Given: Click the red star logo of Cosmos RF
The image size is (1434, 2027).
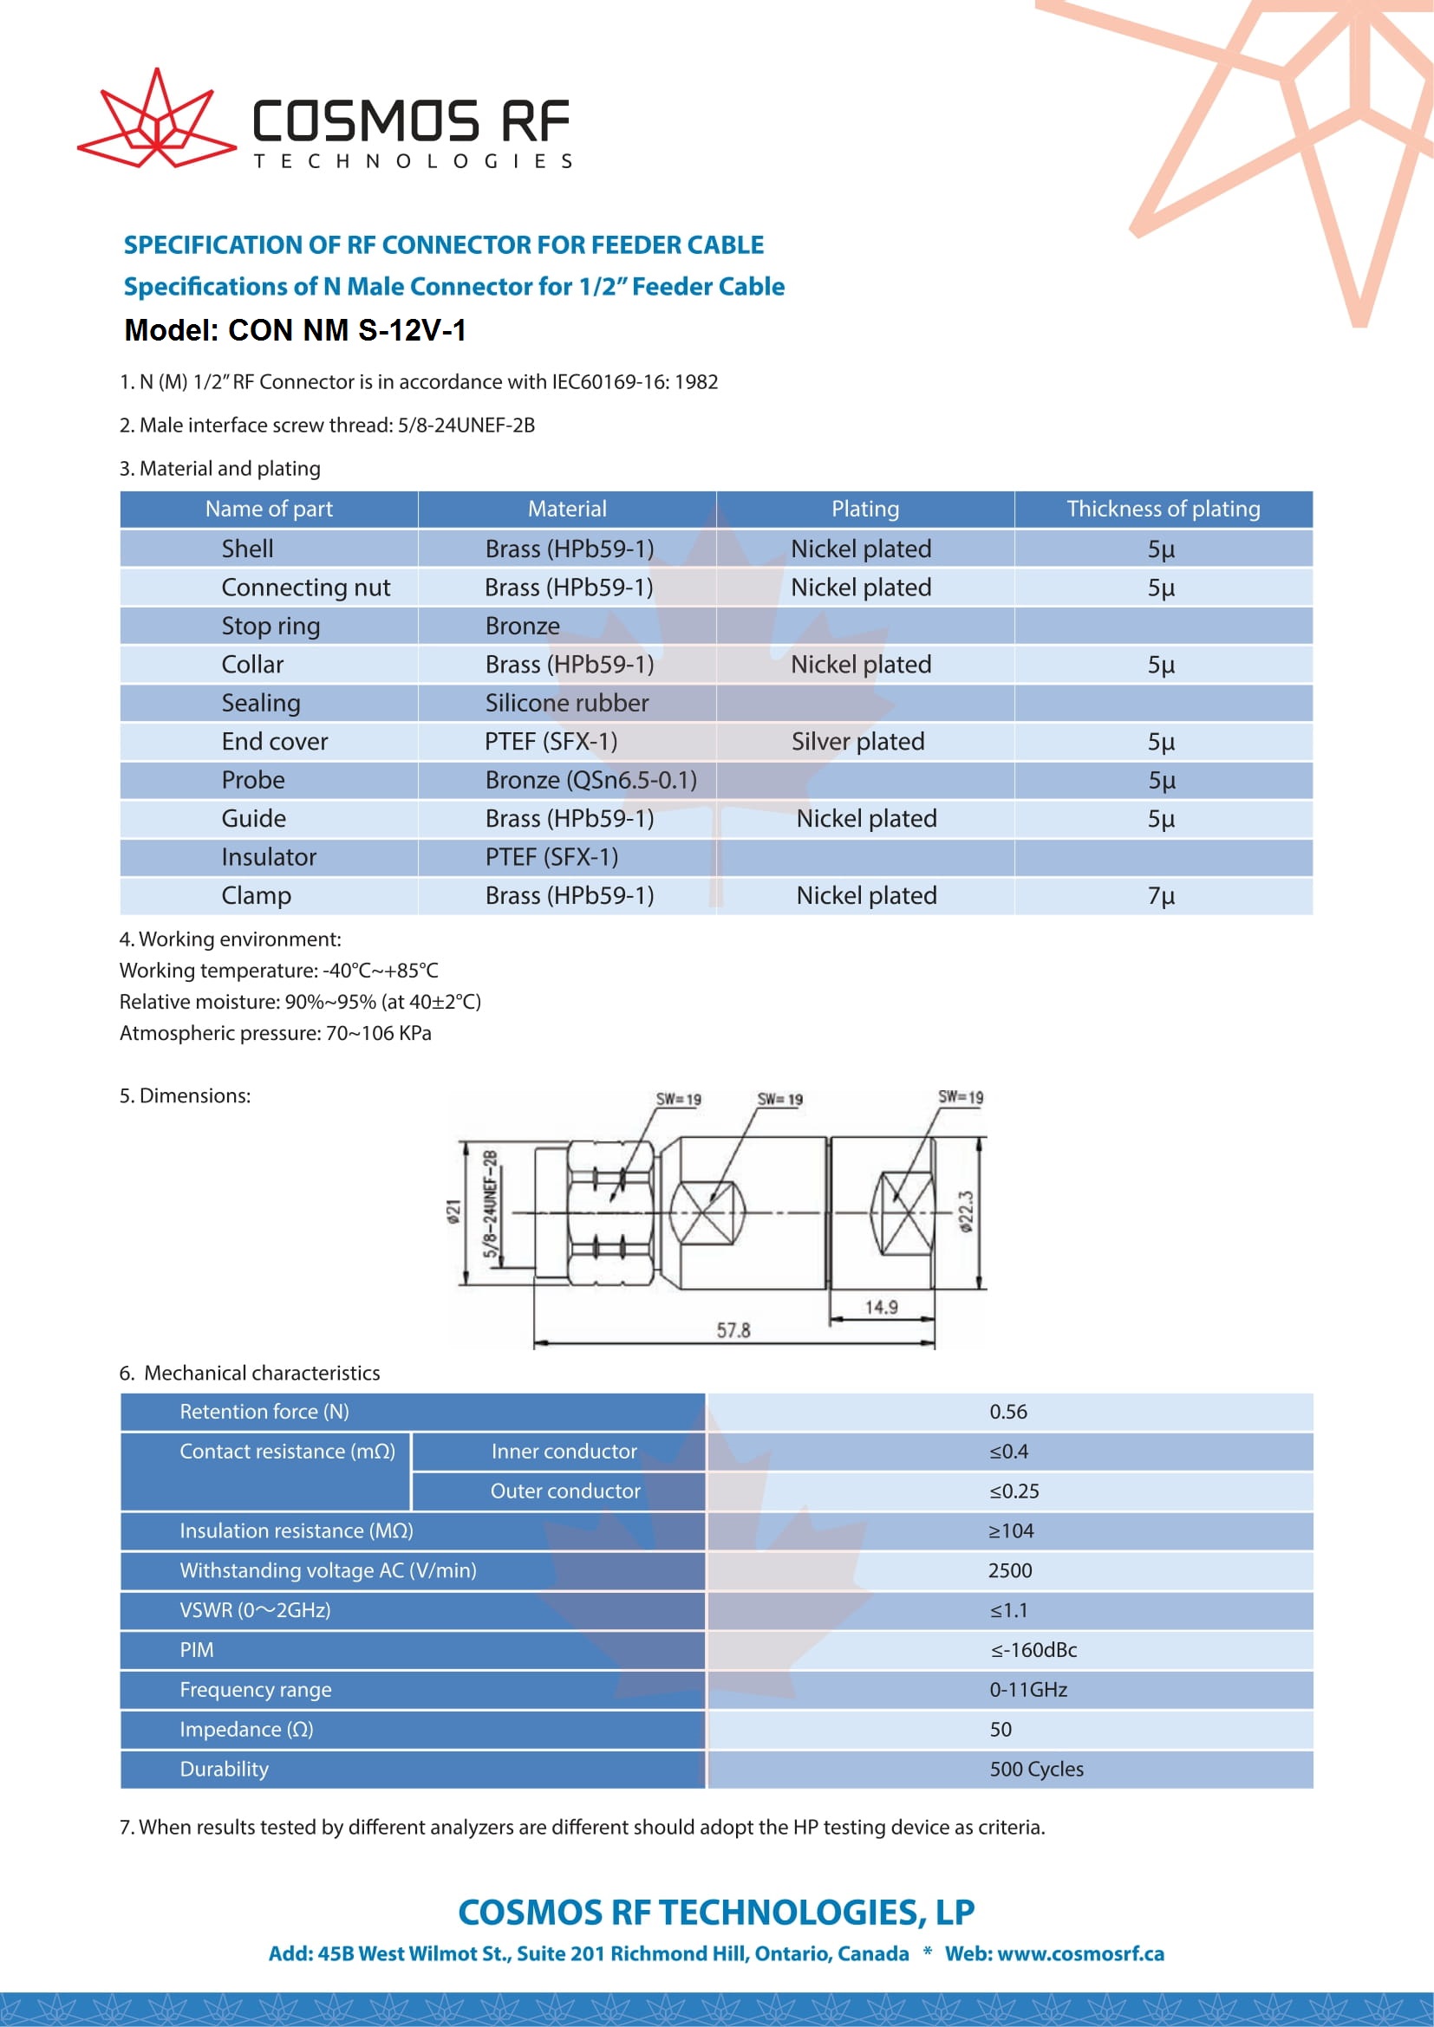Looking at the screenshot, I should tap(156, 121).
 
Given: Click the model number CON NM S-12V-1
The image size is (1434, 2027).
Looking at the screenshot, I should tap(295, 330).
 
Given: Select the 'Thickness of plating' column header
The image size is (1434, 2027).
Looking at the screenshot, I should tap(1162, 509).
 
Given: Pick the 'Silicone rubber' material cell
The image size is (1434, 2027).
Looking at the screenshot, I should tap(566, 703).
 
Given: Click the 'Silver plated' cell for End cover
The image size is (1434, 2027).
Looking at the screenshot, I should tap(857, 742).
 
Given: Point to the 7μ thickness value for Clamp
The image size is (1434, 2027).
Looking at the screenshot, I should tap(1160, 896).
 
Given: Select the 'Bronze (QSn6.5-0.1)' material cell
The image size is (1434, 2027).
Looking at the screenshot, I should tap(590, 781).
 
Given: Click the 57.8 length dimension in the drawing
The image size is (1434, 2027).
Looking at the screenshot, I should tap(733, 1329).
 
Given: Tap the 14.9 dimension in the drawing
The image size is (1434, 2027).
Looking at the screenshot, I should tap(880, 1307).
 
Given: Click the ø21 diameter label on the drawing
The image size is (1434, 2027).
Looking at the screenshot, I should tap(453, 1212).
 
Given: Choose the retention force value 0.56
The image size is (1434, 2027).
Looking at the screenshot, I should tap(1007, 1412).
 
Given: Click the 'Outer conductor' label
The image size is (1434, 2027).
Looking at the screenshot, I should tap(565, 1491).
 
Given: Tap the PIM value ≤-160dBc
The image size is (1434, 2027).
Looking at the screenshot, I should tap(1033, 1650).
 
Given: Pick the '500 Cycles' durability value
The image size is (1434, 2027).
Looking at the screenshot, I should tap(1036, 1770).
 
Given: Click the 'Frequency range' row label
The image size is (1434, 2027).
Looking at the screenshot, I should tap(255, 1690).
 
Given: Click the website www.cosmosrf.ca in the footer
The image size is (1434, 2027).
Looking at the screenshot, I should tap(1080, 1953).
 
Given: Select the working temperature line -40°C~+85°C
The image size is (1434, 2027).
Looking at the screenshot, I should tap(279, 971).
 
